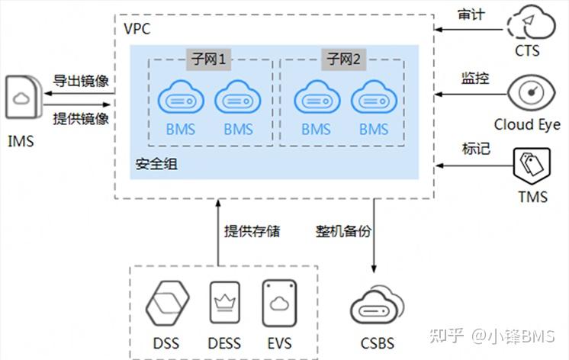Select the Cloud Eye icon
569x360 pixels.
527,92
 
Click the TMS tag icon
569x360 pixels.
532,167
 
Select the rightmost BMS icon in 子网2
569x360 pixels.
374,99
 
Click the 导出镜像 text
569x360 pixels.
80,81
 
